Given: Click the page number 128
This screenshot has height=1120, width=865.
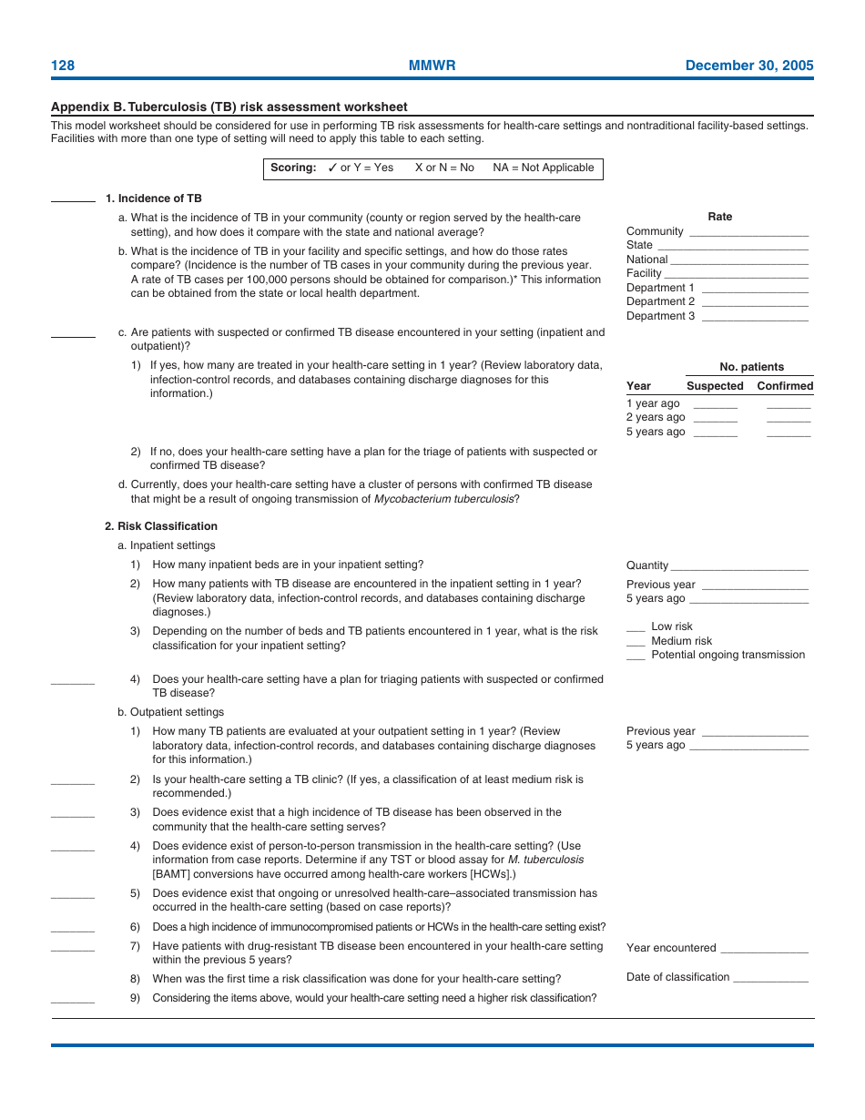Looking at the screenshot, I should click(x=63, y=66).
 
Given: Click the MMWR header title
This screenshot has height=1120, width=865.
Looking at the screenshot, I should click(x=432, y=66).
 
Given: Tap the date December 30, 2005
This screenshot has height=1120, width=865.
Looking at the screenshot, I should click(x=748, y=66).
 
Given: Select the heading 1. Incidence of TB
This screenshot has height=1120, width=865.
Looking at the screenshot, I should click(x=153, y=199).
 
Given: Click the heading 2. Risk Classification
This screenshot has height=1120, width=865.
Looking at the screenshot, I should click(x=161, y=526).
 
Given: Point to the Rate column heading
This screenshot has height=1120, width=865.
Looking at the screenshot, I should click(x=719, y=217).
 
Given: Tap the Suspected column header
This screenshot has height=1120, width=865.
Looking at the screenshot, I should click(x=715, y=386).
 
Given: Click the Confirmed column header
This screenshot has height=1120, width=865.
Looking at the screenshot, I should click(x=785, y=386).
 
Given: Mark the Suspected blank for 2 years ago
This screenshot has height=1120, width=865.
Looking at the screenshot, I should click(x=715, y=421).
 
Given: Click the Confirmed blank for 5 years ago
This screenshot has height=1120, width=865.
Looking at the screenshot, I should click(x=788, y=435).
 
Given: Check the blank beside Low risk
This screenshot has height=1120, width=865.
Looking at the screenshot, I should click(x=636, y=629).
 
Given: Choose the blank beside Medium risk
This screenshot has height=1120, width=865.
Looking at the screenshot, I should click(x=636, y=644).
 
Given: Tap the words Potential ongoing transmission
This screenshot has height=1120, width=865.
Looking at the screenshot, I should click(x=728, y=655).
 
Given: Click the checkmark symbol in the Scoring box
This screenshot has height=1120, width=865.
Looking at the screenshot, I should click(x=332, y=168).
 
